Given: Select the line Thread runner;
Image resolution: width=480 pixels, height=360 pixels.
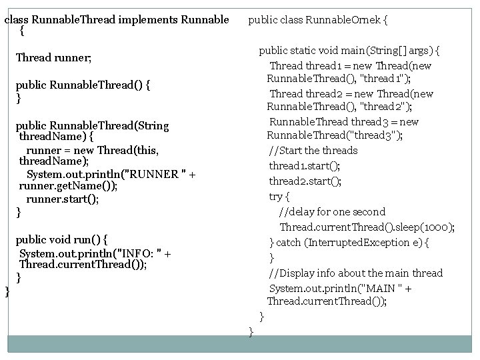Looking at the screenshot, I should pyautogui.click(x=53, y=58).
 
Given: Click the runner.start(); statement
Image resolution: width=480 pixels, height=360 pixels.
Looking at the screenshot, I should pyautogui.click(x=63, y=199).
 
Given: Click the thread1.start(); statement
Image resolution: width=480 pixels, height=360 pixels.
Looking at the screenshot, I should pyautogui.click(x=305, y=165).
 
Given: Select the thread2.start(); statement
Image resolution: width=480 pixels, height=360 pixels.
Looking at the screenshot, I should pyautogui.click(x=305, y=181).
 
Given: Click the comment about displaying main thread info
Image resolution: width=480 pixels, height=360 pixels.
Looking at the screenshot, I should pyautogui.click(x=355, y=273).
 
